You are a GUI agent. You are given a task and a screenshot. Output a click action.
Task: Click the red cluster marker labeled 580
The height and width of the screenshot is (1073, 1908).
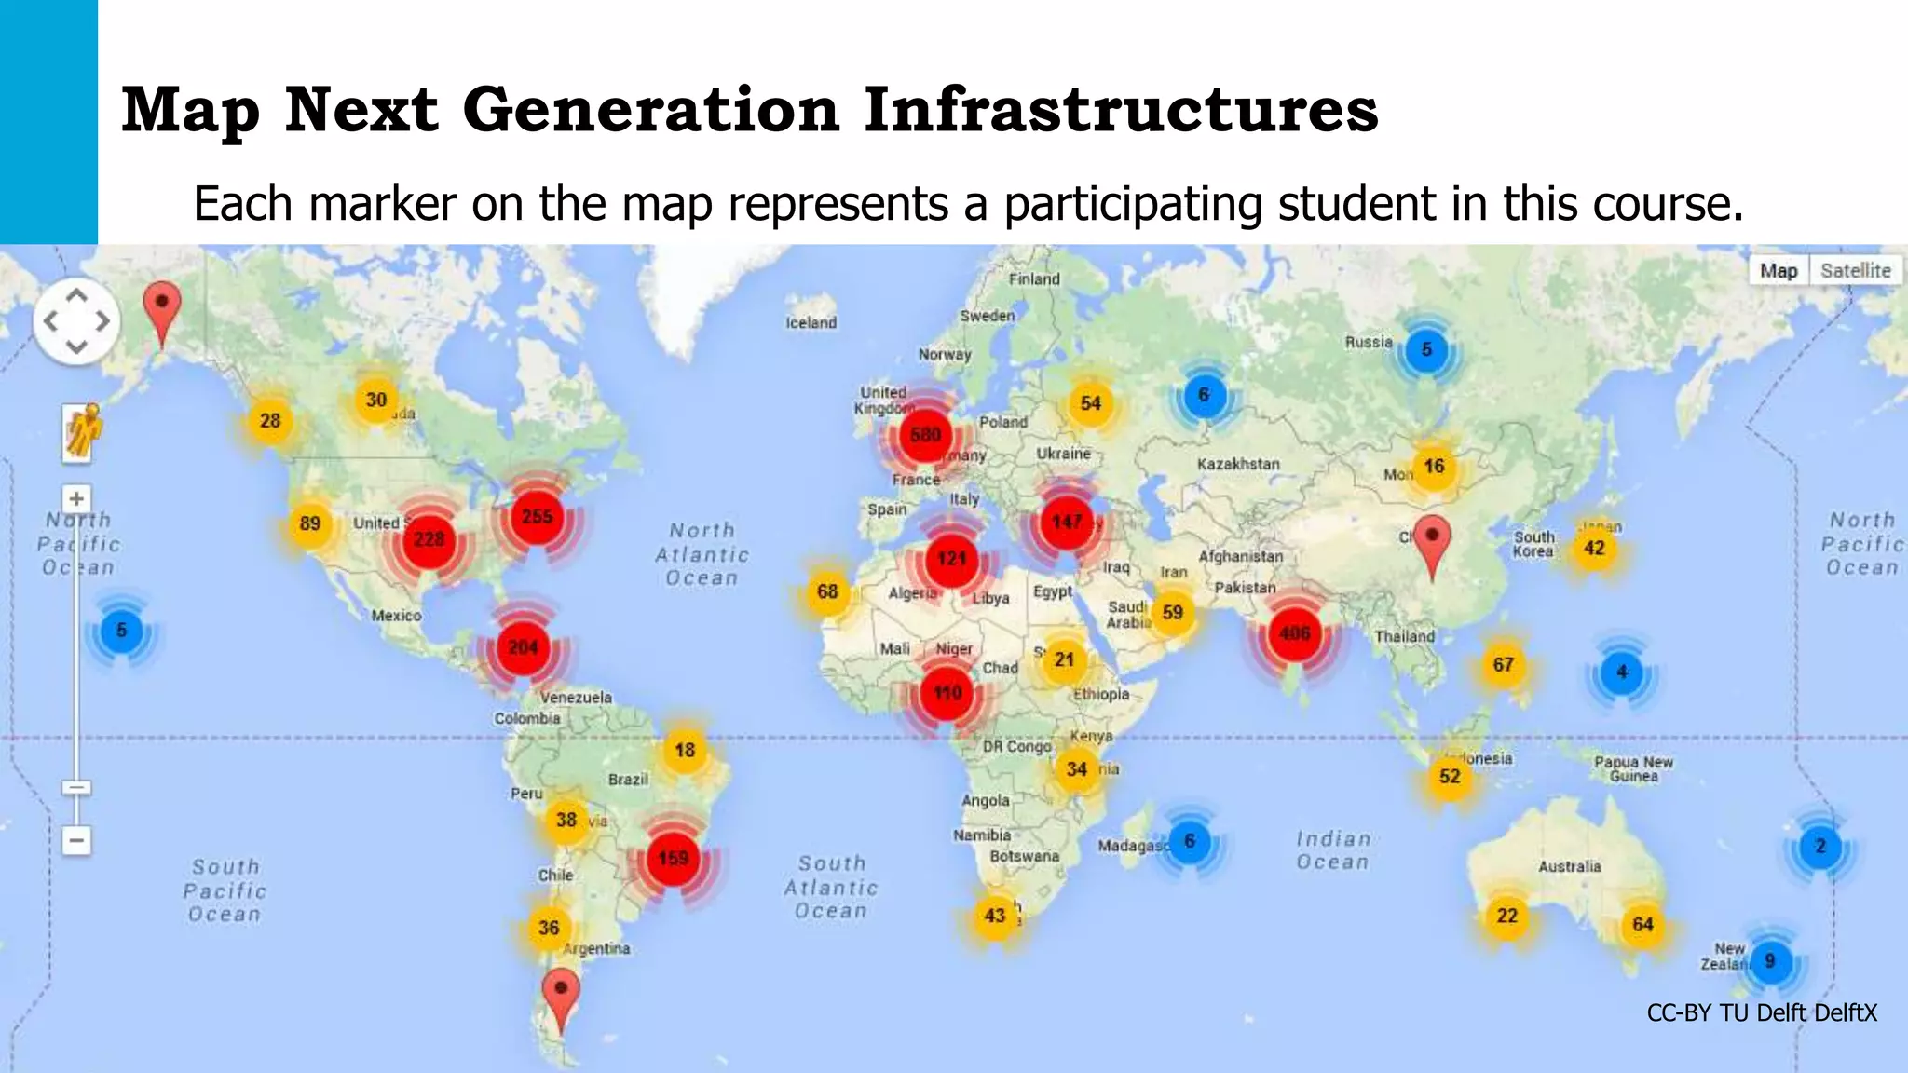[925, 435]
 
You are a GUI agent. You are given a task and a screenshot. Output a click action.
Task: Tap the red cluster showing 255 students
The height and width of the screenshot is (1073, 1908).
[538, 517]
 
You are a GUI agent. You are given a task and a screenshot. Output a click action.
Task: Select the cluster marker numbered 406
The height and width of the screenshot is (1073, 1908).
[1294, 633]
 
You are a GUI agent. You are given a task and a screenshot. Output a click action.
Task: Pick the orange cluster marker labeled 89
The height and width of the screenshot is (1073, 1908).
[310, 523]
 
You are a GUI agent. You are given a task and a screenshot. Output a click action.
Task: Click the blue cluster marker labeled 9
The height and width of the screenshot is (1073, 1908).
[1769, 960]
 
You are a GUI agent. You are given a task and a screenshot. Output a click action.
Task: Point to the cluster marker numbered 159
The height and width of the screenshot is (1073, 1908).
[673, 858]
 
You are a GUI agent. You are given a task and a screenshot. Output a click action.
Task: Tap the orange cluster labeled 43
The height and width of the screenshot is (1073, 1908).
[995, 916]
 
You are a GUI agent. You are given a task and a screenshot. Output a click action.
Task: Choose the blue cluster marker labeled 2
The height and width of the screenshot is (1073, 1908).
[1819, 847]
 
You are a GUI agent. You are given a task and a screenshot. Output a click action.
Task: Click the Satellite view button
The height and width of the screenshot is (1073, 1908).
[1855, 271]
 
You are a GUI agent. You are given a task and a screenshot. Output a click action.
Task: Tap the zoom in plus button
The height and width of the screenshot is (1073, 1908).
[76, 499]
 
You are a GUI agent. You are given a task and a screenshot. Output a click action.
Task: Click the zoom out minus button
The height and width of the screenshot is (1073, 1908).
[76, 840]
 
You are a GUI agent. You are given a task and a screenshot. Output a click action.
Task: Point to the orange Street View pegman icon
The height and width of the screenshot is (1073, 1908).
[81, 431]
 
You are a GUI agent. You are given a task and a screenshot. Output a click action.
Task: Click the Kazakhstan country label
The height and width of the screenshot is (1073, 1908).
[1238, 464]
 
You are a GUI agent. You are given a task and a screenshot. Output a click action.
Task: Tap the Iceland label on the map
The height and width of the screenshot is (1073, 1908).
[811, 322]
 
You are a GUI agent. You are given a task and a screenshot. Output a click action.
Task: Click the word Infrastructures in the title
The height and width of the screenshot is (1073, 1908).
[1121, 110]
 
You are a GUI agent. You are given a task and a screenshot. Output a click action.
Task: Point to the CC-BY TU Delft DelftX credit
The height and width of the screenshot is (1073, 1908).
[1762, 1012]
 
